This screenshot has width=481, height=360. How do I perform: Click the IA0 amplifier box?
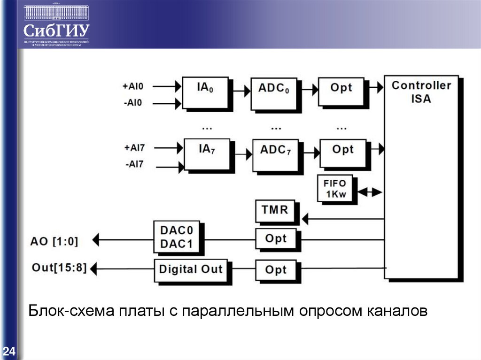coord(205,92)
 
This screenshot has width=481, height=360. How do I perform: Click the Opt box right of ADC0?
coord(341,91)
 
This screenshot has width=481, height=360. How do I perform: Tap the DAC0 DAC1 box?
coord(176,238)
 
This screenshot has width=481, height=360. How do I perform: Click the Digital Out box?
coord(190,270)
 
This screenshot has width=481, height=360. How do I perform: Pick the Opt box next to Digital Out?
coord(276,271)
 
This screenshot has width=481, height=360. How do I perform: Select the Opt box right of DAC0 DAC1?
coord(276,239)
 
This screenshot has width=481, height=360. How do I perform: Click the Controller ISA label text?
coord(421,92)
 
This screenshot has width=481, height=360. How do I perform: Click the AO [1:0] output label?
coord(54,241)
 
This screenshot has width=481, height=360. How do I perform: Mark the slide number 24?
coord(9,351)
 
